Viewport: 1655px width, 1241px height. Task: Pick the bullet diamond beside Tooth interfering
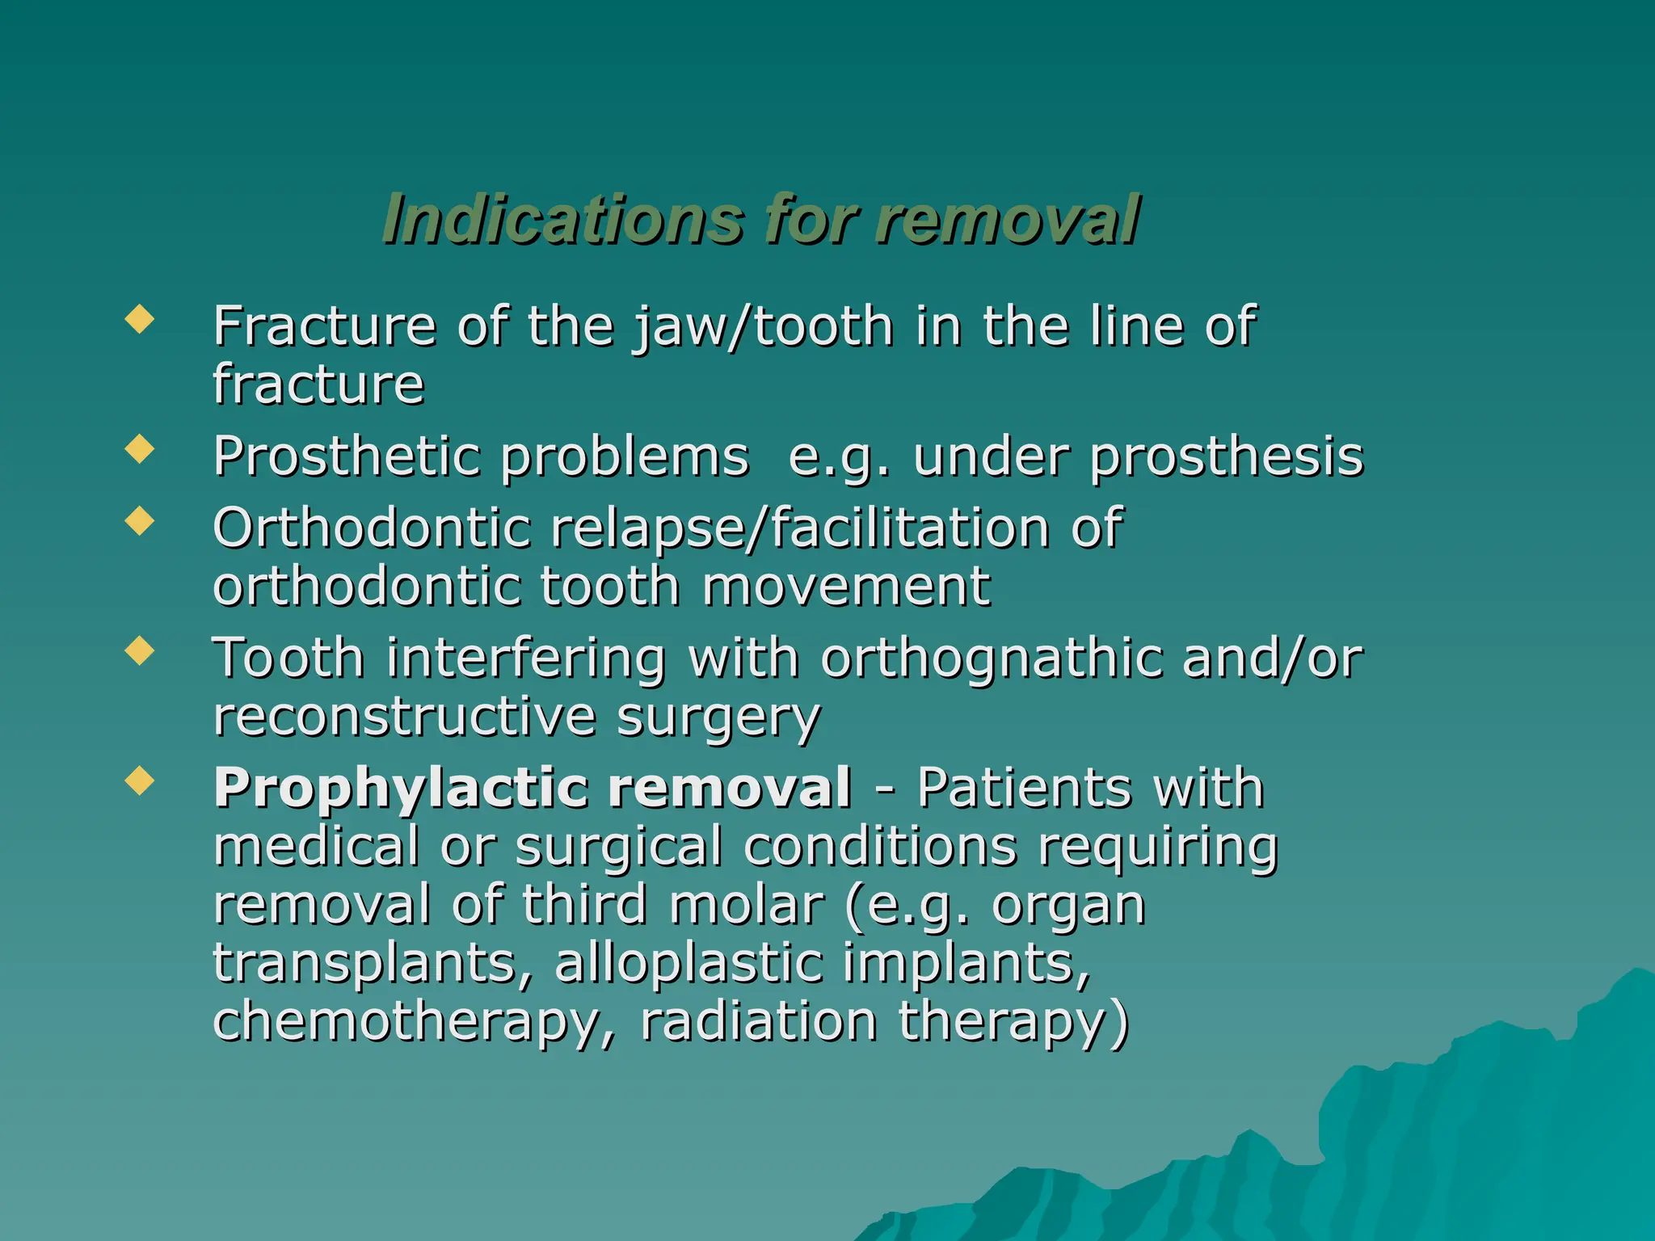tap(140, 650)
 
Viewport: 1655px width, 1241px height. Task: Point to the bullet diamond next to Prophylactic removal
tap(140, 780)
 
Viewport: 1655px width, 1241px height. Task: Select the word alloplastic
tap(687, 963)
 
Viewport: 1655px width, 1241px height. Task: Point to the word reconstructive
tap(404, 717)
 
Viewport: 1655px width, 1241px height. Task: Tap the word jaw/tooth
tap(763, 327)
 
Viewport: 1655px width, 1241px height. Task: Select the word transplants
tap(372, 964)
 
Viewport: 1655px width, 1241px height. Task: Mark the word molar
tap(747, 904)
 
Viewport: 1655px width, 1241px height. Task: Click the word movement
tap(845, 587)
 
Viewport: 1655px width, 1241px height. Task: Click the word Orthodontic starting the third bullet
tap(372, 528)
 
